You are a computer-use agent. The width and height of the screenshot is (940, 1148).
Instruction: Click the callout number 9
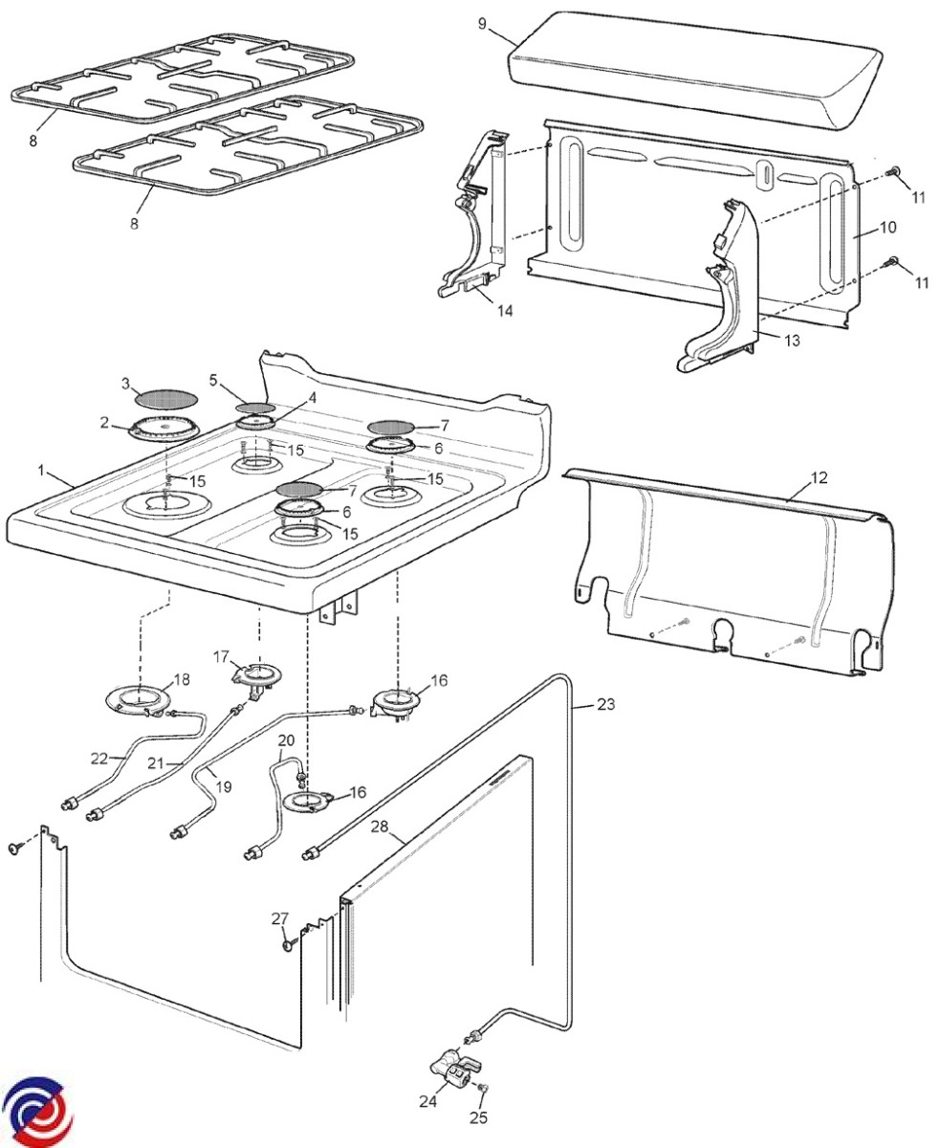(x=483, y=23)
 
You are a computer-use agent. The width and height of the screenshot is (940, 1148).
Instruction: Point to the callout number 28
(x=381, y=827)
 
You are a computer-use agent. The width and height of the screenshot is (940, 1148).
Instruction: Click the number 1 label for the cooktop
(x=41, y=471)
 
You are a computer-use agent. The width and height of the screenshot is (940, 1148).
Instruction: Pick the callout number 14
(x=505, y=310)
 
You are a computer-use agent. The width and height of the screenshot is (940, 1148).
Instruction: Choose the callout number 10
(x=887, y=228)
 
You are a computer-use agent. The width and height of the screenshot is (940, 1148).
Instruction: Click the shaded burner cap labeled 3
(x=167, y=396)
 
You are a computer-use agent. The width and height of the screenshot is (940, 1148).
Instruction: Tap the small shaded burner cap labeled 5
(x=253, y=408)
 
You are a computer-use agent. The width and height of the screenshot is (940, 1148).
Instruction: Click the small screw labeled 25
(x=483, y=1089)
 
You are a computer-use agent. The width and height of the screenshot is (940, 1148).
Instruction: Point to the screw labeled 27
(x=286, y=945)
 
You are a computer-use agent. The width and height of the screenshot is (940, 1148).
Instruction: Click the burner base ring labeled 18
(x=140, y=700)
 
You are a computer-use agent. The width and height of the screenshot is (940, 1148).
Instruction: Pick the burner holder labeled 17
(x=256, y=673)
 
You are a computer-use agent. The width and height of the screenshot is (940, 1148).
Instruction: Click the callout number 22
(x=99, y=758)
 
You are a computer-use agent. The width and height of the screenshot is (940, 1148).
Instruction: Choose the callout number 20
(x=286, y=740)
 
